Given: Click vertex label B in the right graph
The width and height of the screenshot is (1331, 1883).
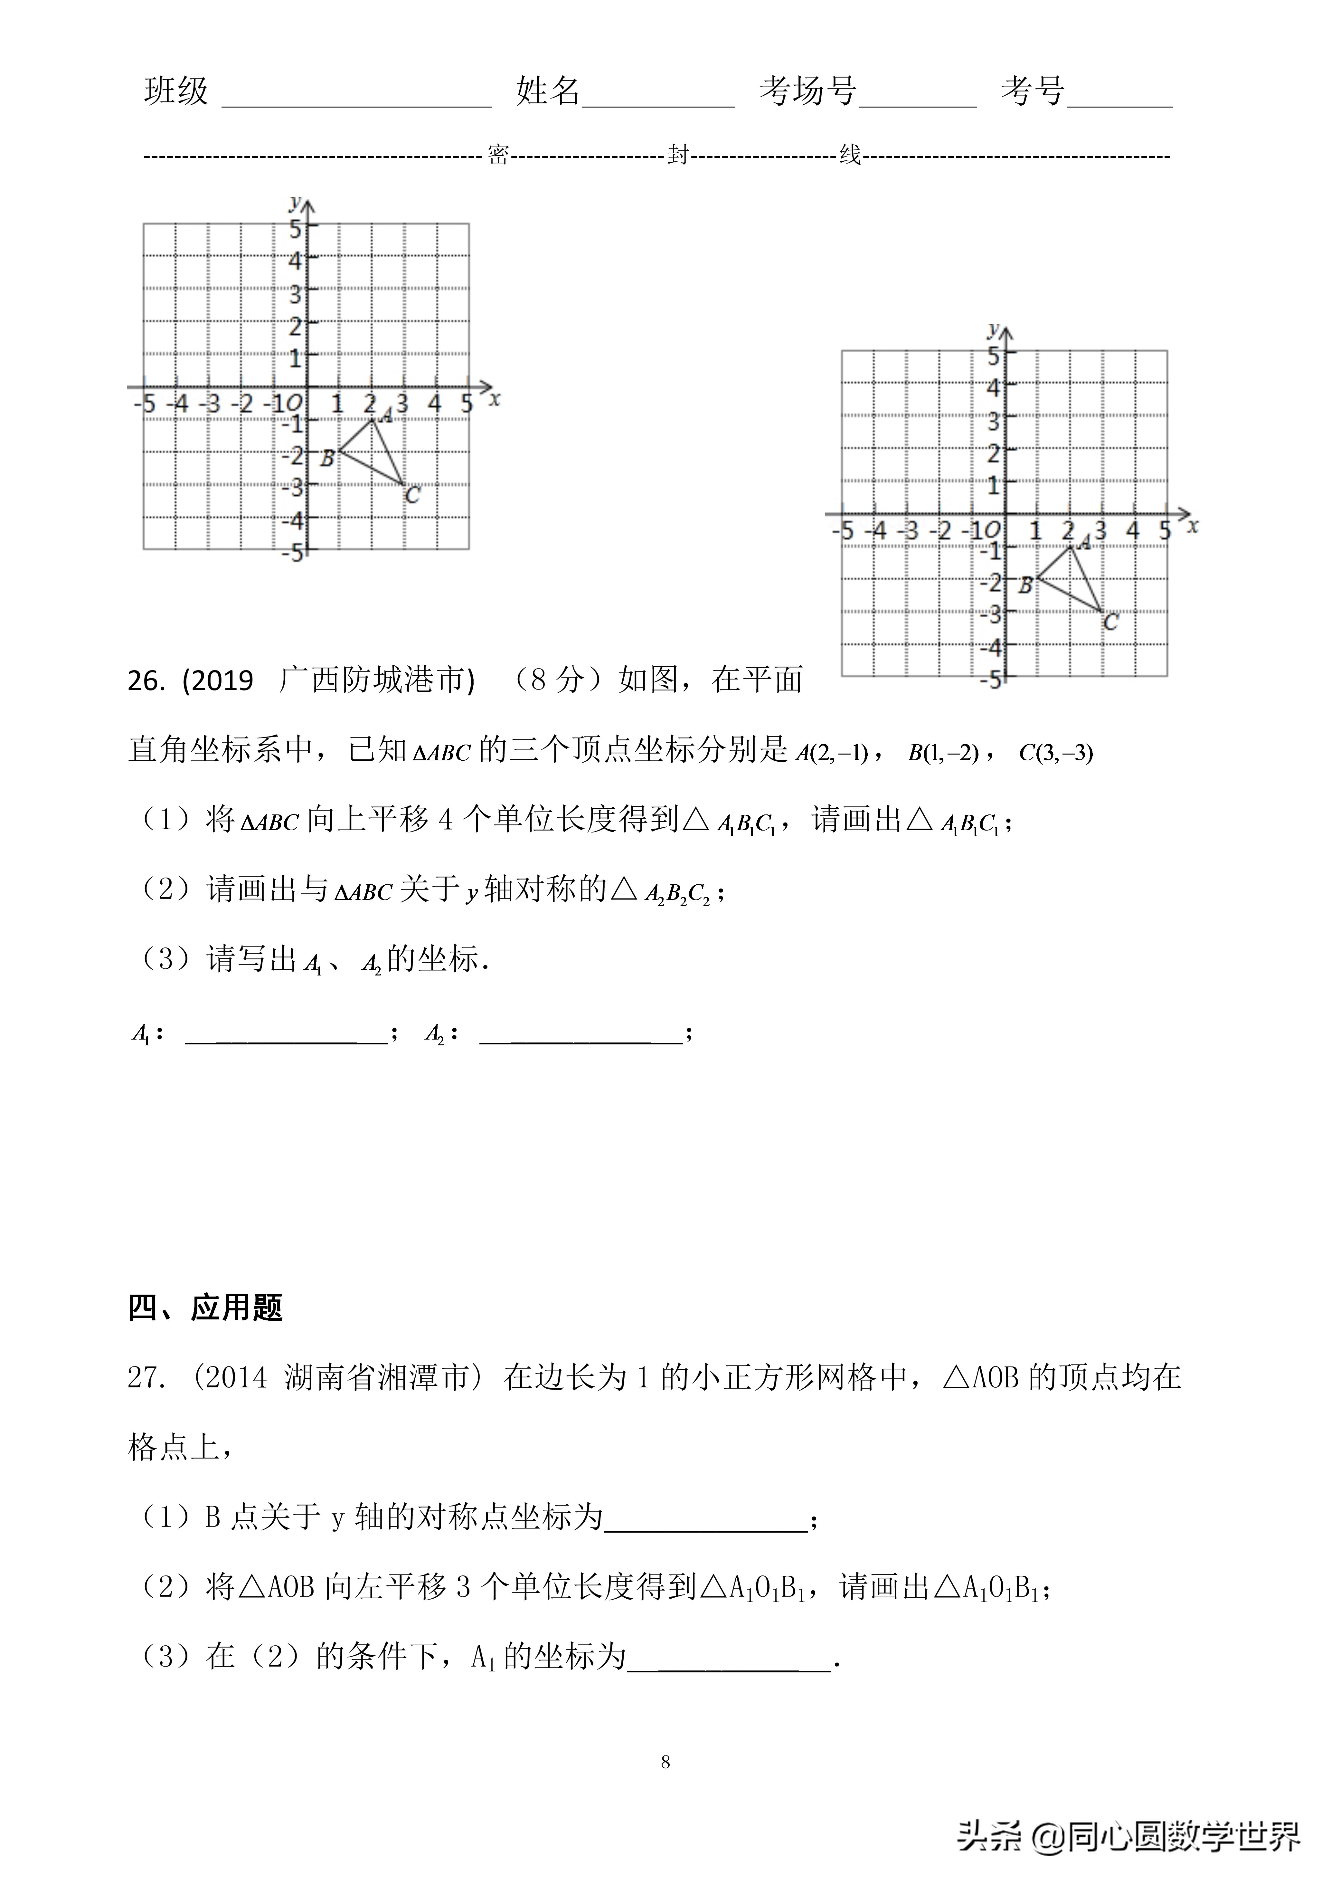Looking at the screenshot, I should click(1025, 585).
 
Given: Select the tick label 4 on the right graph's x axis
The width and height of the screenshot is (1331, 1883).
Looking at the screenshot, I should click(1133, 531).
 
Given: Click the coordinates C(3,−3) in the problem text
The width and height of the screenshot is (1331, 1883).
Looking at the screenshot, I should click(1055, 752).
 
